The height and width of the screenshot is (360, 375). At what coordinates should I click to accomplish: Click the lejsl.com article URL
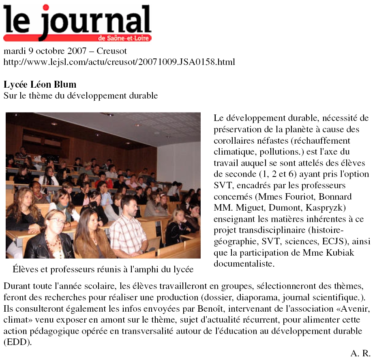click(x=119, y=62)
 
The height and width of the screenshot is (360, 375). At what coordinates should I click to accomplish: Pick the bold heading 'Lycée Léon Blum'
click(x=40, y=85)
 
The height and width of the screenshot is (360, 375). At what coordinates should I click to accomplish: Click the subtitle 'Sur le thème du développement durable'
click(x=80, y=96)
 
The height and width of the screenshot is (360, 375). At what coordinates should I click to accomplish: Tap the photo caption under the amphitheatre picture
click(x=103, y=269)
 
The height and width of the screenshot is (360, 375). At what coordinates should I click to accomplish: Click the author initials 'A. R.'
click(x=360, y=353)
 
